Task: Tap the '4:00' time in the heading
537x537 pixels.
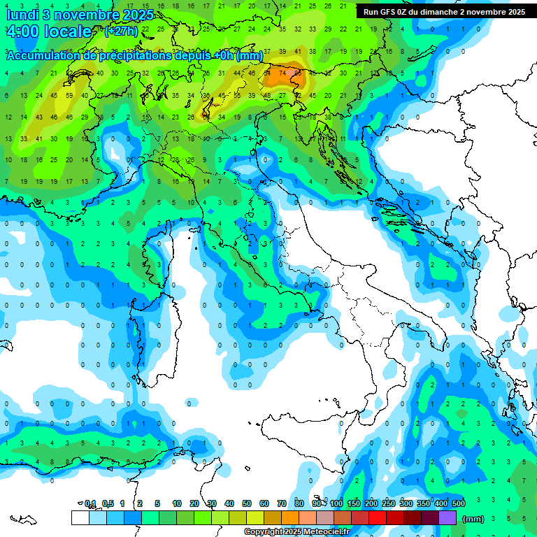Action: tap(22, 31)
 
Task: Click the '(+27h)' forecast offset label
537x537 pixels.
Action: tap(121, 31)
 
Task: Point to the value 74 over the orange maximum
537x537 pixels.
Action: tap(282, 73)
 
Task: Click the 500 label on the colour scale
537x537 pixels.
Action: tap(459, 503)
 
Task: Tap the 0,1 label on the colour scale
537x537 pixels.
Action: tap(89, 503)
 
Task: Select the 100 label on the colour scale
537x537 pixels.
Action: tap(336, 503)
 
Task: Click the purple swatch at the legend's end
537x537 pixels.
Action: tap(447, 518)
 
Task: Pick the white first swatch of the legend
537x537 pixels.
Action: tap(80, 518)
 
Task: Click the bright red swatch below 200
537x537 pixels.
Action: tap(378, 518)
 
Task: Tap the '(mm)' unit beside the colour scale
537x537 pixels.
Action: tap(473, 519)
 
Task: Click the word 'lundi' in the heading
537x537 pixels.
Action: tap(20, 15)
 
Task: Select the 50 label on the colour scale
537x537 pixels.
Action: tap(247, 503)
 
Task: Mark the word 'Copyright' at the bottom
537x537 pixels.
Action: tap(264, 532)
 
